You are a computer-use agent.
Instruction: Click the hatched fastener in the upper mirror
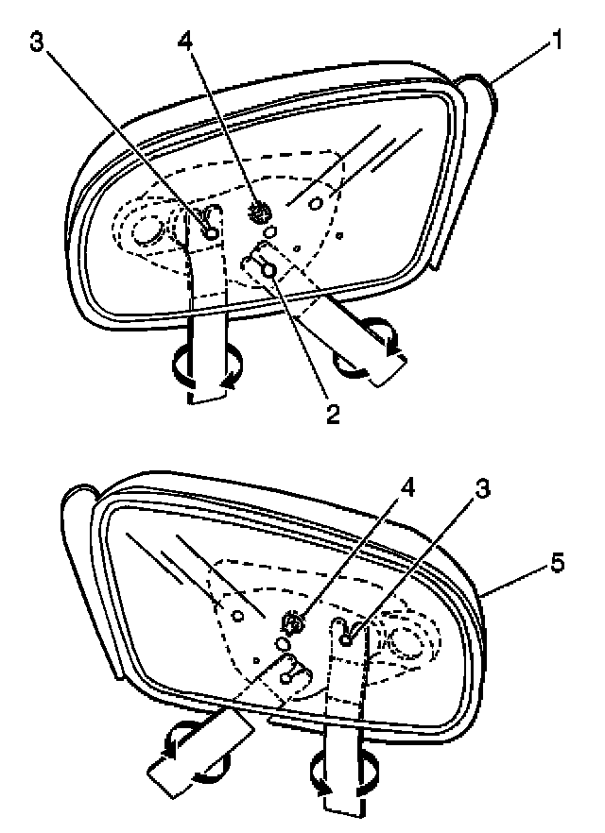[257, 213]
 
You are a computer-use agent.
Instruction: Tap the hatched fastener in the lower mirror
[295, 621]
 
